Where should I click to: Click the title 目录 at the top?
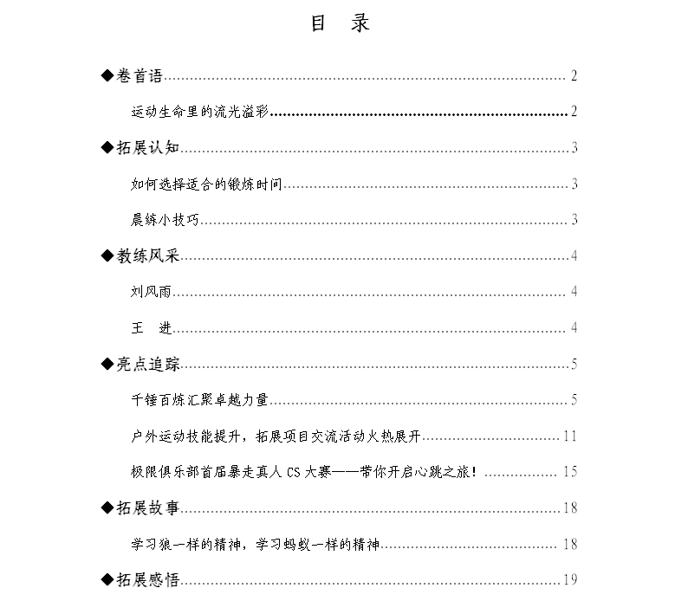click(340, 24)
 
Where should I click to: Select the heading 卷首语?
click(140, 76)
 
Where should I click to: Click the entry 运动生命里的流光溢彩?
click(200, 112)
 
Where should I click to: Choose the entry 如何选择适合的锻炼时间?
click(207, 184)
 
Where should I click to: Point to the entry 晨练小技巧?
click(166, 220)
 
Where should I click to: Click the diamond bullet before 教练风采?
click(107, 255)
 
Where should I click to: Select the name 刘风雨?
click(148, 292)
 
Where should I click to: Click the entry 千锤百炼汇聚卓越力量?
click(200, 400)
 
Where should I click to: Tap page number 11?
click(569, 436)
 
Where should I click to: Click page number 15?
click(569, 472)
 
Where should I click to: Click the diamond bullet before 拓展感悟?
click(107, 580)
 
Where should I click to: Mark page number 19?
click(569, 580)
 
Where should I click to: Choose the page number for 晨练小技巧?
click(574, 220)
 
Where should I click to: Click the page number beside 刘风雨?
click(574, 292)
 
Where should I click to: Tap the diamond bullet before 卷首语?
click(107, 76)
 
